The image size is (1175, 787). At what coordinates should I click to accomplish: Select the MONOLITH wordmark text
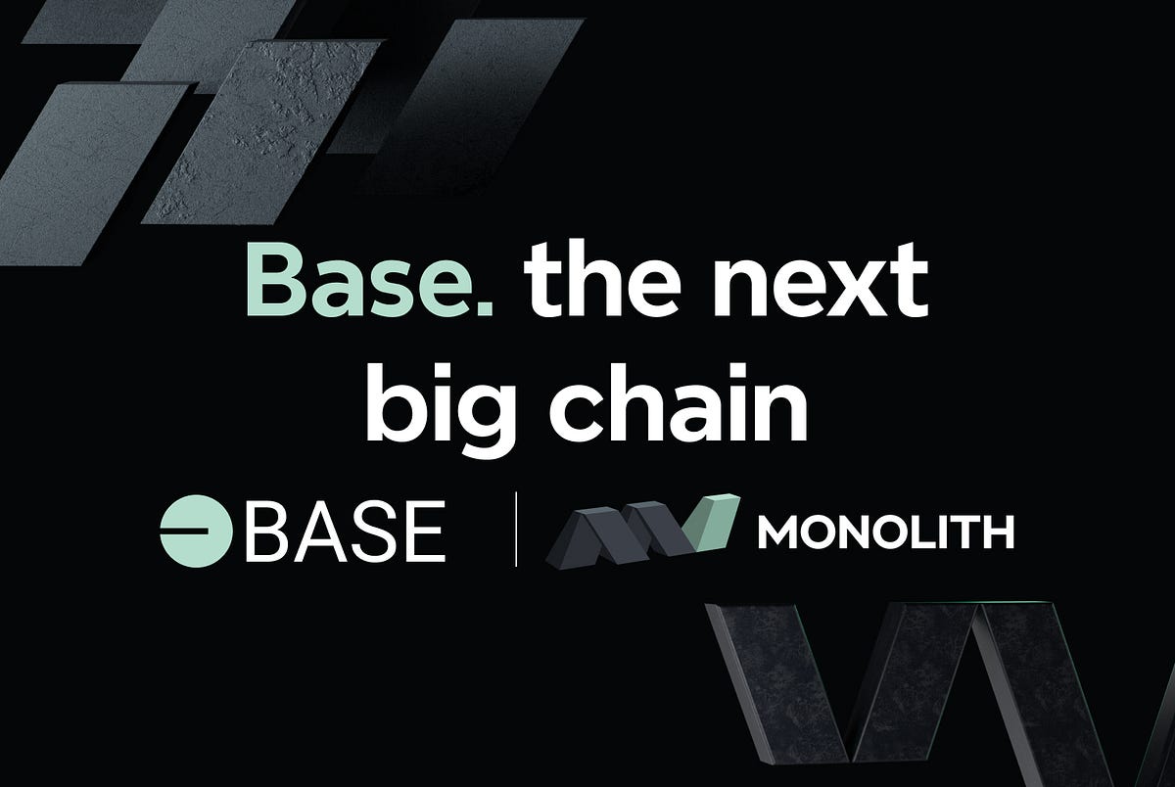pos(886,534)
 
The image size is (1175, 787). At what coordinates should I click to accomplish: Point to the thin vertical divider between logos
pos(516,532)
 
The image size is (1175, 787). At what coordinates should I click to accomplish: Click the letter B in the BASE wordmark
pos(263,532)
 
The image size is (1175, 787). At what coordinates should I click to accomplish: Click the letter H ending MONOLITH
pos(997,534)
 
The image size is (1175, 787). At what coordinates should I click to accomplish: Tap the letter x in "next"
pos(845,290)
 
